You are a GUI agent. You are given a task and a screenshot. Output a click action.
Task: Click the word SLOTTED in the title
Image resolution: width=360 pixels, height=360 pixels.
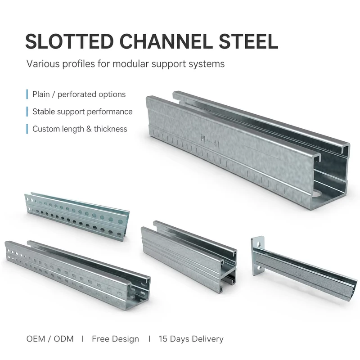(69, 41)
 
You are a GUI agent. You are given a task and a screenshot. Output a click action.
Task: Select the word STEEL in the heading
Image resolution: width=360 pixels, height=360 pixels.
(248, 41)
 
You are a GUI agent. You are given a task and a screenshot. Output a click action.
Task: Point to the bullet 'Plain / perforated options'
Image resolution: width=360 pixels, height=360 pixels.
(79, 94)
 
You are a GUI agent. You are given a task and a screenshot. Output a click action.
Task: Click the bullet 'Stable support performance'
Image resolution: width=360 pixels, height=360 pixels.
(82, 112)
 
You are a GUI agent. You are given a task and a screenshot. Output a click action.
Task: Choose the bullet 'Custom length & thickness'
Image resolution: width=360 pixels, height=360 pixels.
(80, 129)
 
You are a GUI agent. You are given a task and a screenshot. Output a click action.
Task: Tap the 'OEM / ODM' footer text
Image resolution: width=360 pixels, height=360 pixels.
(50, 339)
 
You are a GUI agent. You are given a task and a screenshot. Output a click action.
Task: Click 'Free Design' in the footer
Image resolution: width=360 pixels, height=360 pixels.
(115, 339)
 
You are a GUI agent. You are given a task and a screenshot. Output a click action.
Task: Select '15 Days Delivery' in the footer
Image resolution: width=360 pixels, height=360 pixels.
(191, 339)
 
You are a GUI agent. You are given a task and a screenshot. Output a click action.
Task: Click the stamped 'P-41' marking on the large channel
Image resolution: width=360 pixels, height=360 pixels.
(210, 140)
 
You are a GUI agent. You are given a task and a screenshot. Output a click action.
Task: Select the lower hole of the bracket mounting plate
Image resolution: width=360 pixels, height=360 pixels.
(259, 268)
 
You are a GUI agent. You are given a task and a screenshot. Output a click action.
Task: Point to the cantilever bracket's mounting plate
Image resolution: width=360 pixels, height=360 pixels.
(258, 256)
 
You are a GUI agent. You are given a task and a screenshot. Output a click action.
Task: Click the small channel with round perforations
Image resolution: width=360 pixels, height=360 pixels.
(77, 216)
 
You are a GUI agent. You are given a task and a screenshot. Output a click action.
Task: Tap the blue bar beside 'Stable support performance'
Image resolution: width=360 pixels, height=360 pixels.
(27, 112)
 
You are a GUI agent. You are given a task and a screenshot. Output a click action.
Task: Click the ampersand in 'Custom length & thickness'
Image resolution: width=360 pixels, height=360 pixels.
(89, 129)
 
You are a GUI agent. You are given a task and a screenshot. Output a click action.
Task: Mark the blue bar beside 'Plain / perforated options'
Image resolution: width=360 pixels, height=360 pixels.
(27, 94)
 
